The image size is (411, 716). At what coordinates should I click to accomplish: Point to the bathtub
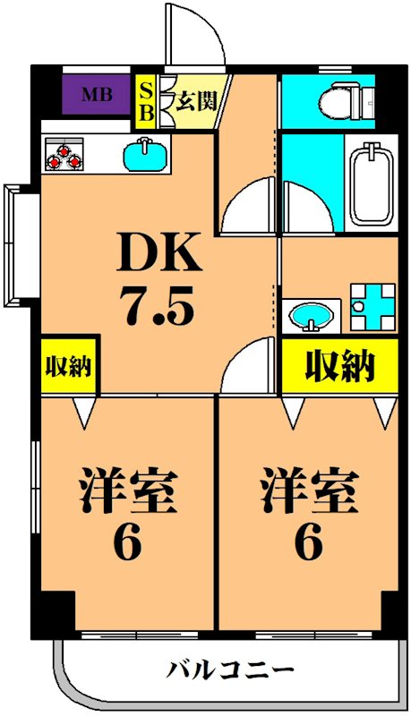[x=371, y=184]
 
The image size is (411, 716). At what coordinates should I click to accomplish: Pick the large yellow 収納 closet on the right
[x=340, y=365]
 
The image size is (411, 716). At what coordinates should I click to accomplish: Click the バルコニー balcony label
[x=229, y=669]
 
